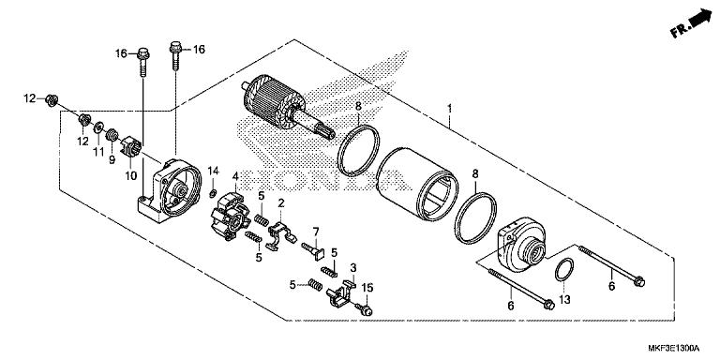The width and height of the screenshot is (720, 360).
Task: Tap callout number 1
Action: pos(451,109)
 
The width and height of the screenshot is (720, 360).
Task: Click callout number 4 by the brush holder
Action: pos(236,175)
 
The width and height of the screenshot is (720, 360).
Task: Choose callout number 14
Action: pos(213,171)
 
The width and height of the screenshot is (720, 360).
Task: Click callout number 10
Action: pos(131,174)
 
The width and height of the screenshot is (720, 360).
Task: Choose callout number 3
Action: pos(352,268)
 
